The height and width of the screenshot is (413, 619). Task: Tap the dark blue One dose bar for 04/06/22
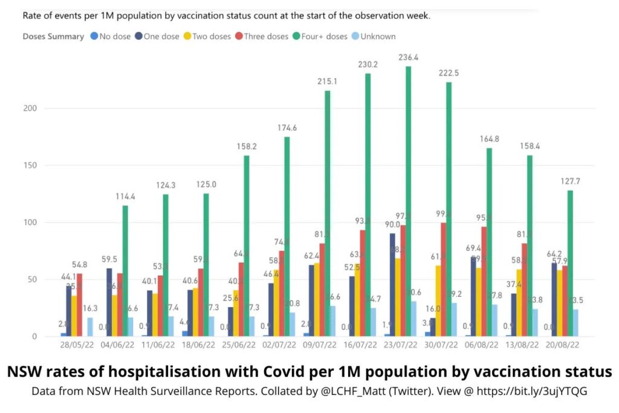click(109, 302)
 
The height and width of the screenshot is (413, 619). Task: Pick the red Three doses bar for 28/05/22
click(79, 305)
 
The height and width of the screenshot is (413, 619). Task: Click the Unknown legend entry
click(374, 36)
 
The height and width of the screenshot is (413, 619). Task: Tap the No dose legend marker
click(94, 36)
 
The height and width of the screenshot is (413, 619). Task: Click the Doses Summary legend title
click(53, 36)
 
